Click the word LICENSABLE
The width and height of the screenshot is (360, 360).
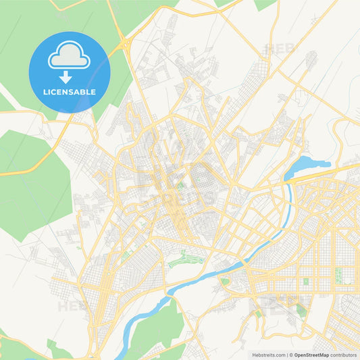(70, 92)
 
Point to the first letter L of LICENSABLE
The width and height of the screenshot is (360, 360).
(45, 92)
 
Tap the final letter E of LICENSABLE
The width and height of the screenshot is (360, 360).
(94, 92)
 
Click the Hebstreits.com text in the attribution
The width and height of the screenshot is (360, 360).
(268, 354)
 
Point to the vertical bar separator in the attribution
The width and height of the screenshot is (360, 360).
(288, 354)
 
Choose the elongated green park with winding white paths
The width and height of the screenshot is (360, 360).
(185, 259)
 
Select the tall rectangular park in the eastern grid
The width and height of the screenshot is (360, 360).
(338, 276)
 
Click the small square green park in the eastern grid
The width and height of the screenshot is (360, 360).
(305, 281)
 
